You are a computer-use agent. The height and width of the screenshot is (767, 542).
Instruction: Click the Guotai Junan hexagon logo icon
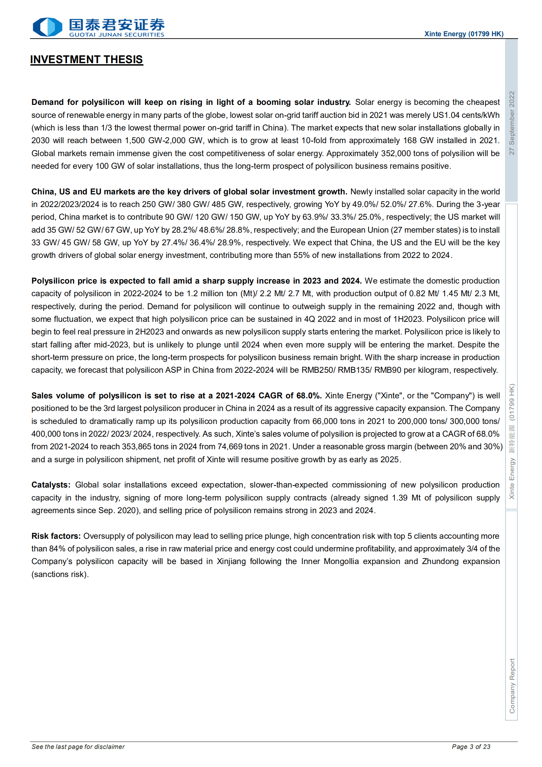coord(47,27)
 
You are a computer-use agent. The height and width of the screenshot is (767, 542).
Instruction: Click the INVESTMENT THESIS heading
coord(86,59)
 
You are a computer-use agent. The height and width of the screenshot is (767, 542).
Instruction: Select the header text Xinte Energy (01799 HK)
coord(463,34)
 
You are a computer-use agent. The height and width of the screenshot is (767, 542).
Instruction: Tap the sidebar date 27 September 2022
coord(511,123)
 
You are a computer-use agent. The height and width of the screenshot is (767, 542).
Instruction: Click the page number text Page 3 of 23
coord(471,747)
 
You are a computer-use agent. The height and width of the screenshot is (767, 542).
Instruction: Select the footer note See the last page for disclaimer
coord(78,747)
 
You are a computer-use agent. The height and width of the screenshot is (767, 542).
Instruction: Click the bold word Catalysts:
coord(51,485)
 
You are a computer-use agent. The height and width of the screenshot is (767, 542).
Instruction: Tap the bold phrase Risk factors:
coord(56,536)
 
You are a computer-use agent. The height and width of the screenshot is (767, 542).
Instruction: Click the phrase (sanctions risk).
coord(60,574)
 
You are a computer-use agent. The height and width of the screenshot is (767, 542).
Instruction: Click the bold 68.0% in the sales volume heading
coord(309,396)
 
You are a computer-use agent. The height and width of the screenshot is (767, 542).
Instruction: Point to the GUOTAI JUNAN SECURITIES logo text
coord(116,35)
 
